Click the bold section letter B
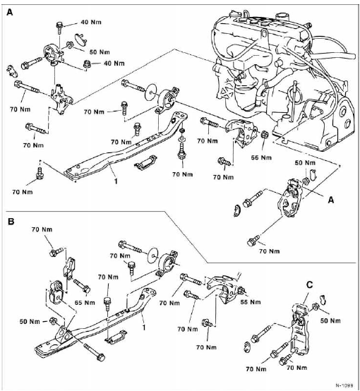pos(11,221)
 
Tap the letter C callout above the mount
pos(309,284)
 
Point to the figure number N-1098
pos(344,385)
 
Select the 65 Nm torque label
pos(85,303)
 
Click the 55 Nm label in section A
pos(261,157)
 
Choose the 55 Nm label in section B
pos(251,302)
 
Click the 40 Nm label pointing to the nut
pos(114,64)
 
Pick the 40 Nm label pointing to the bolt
pos(91,22)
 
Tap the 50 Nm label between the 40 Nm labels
pos(100,52)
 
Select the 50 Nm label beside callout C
pos(330,320)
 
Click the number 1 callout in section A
pos(116,181)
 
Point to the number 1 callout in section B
pos(144,327)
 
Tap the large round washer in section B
pos(152,255)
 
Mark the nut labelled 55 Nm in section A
pos(264,135)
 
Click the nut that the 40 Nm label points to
pos(87,64)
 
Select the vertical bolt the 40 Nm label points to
pos(59,28)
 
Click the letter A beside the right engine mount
pos(331,200)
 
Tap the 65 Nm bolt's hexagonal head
pos(86,290)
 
